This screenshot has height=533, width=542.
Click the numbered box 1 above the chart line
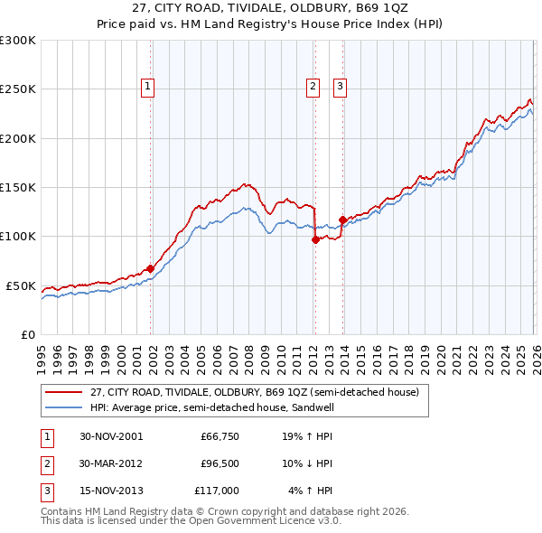(x=147, y=87)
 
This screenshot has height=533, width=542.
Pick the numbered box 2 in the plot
(x=313, y=87)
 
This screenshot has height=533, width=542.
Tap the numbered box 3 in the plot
(x=340, y=87)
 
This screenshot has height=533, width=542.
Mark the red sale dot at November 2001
(x=151, y=267)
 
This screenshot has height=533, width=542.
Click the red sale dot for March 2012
(x=315, y=239)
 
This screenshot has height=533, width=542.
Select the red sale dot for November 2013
(x=342, y=220)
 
